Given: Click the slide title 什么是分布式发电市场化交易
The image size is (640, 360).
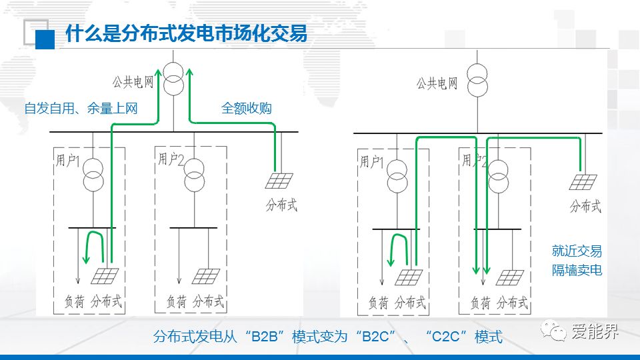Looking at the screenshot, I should [186, 33].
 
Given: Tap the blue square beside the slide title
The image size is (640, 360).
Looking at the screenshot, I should [45, 39].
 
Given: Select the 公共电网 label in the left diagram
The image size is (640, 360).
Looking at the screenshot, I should [133, 82].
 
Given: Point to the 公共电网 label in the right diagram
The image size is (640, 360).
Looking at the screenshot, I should [437, 84].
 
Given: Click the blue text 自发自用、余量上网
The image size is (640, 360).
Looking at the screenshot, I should [81, 108].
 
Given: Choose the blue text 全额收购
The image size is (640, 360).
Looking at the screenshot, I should [247, 108].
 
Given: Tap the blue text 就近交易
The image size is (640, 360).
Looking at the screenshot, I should [577, 251].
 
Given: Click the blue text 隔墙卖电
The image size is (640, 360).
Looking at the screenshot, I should [577, 270].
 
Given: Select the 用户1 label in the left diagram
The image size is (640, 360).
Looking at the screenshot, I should [69, 161].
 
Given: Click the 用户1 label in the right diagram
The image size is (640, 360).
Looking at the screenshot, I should [373, 161].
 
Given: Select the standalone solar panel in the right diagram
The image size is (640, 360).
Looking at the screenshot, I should [584, 182].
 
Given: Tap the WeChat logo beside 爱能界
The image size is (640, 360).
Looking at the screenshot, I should [553, 330].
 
